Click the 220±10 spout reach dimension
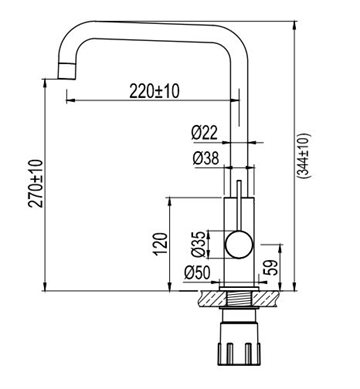coord(154,91)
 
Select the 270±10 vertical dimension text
coord(36,184)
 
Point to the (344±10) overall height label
coord(304,155)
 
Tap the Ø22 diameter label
coord(204,133)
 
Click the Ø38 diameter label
coord(206,158)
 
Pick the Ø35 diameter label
coord(199,244)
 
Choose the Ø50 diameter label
coord(197,273)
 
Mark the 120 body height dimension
coord(161,244)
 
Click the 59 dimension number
coord(272,267)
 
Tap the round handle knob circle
coord(239,245)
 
